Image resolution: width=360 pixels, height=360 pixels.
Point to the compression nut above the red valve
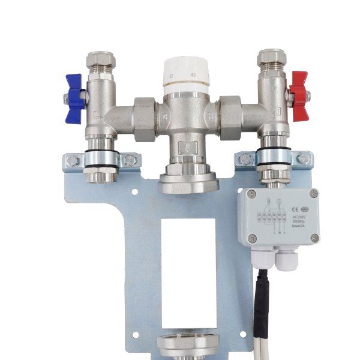271,58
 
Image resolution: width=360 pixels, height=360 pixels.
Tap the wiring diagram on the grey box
271,215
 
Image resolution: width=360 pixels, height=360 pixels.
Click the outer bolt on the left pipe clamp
73,161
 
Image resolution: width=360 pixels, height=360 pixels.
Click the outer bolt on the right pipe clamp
304,159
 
